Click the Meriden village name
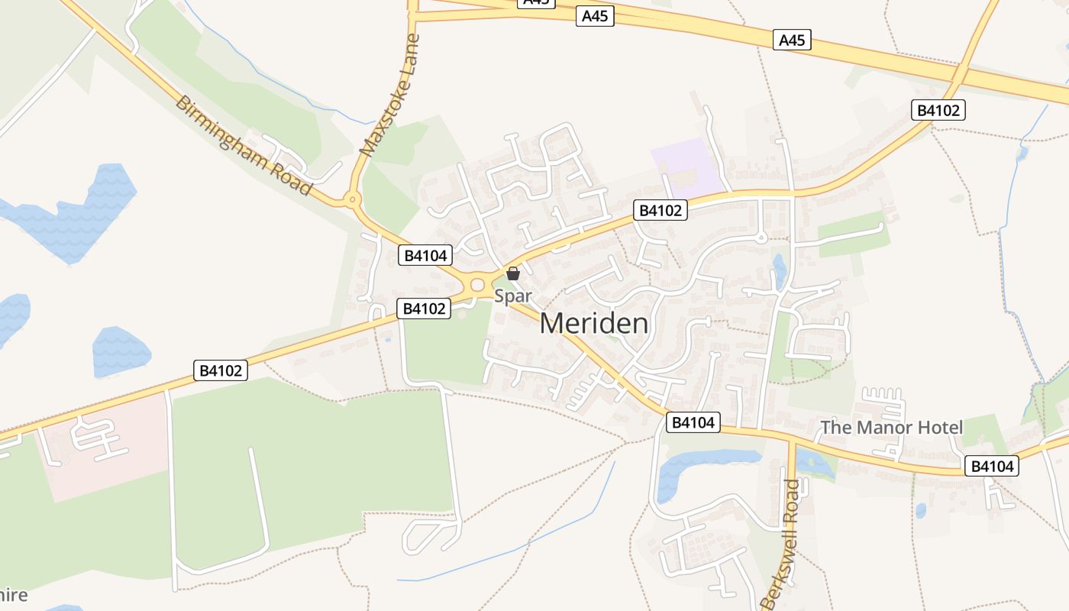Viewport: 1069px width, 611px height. pyautogui.click(x=594, y=324)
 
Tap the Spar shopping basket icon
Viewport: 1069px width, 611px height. pyautogui.click(x=513, y=273)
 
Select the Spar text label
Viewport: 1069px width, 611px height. pyautogui.click(x=512, y=296)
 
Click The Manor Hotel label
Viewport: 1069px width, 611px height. pyautogui.click(x=891, y=428)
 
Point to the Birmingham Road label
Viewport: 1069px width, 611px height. pyautogui.click(x=243, y=144)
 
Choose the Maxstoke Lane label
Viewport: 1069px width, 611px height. pyautogui.click(x=391, y=96)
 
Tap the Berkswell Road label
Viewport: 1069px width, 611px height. pyautogui.click(x=783, y=542)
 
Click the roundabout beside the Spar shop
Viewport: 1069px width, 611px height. pyautogui.click(x=478, y=285)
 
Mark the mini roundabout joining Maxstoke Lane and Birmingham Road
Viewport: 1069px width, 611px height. pyautogui.click(x=351, y=201)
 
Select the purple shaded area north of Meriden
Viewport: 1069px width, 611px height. pyautogui.click(x=687, y=166)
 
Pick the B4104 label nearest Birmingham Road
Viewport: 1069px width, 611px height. pyautogui.click(x=425, y=255)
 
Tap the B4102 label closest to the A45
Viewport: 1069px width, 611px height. pyautogui.click(x=938, y=110)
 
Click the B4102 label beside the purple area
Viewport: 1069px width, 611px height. pyautogui.click(x=660, y=210)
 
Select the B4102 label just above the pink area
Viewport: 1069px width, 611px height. pyautogui.click(x=220, y=371)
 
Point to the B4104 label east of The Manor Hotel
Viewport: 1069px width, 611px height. pyautogui.click(x=992, y=466)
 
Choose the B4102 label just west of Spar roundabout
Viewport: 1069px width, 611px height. pyautogui.click(x=424, y=309)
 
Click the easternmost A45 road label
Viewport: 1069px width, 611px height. pyautogui.click(x=792, y=40)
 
